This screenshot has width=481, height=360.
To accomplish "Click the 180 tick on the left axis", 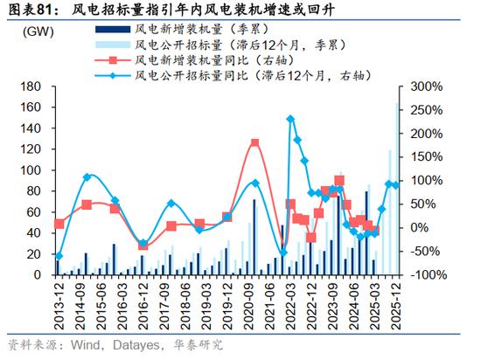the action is tap(31, 87).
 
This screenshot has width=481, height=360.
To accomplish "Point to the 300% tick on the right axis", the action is tap(427, 87).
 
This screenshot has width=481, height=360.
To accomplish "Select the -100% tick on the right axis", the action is tap(429, 275).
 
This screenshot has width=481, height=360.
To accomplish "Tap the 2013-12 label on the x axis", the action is tap(59, 306).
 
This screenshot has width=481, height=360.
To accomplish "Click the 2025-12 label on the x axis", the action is tap(395, 306).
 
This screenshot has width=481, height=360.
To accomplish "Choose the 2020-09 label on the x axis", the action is tap(248, 306).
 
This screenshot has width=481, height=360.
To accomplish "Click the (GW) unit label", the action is tap(38, 31).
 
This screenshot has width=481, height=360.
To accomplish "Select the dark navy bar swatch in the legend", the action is tap(113, 30).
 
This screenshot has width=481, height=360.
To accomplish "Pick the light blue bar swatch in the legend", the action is tap(113, 45).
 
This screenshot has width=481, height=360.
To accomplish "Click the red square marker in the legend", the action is tap(113, 60).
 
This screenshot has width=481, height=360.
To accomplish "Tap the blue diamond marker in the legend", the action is tap(113, 75).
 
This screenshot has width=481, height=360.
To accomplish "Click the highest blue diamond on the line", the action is tap(290, 119).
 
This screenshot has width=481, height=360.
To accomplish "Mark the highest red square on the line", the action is tap(254, 143).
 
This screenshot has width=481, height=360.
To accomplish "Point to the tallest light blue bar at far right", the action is tap(397, 189).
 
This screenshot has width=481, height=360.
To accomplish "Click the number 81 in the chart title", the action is tap(45, 10).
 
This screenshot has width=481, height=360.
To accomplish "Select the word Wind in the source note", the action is tap(86, 345).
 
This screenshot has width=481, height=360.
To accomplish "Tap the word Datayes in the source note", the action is tap(136, 346).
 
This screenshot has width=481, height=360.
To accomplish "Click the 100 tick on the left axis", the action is tap(31, 170).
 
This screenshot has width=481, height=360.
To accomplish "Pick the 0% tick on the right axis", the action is tap(419, 228).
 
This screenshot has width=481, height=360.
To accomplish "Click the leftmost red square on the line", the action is tap(59, 225).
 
